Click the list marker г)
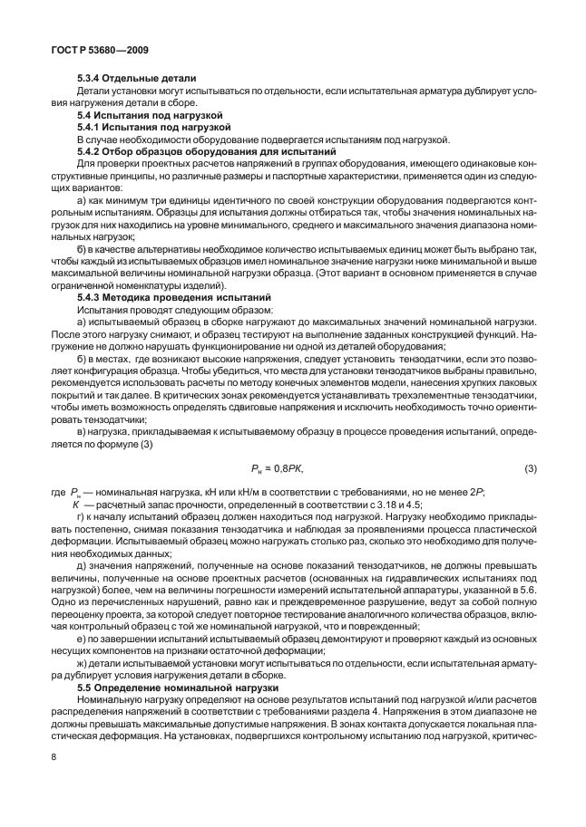(x=82, y=515)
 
